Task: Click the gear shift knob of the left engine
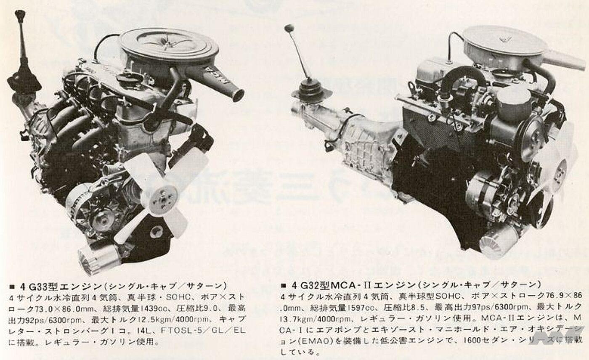point(19,15)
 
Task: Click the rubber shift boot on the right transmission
point(310,89)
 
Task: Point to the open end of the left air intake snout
point(238,95)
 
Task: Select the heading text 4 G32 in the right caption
point(306,285)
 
